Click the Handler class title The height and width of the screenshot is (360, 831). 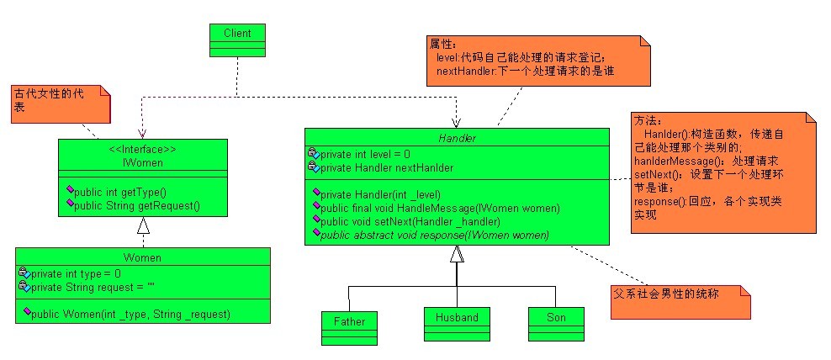click(457, 137)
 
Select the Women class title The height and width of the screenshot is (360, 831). click(142, 257)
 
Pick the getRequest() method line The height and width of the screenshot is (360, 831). click(137, 204)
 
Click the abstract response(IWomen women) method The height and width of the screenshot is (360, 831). click(434, 235)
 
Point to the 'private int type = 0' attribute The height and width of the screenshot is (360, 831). click(75, 273)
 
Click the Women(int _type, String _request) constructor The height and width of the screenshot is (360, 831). click(130, 314)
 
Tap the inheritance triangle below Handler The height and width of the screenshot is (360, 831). click(457, 253)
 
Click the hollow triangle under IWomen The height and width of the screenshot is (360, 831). click(143, 225)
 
